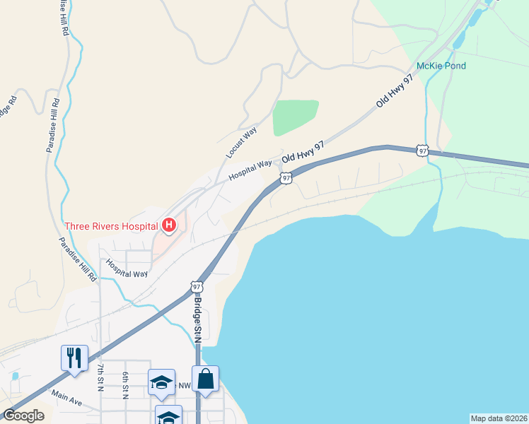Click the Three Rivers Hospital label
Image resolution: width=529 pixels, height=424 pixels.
point(111,226)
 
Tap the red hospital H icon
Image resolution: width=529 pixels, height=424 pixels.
point(169,225)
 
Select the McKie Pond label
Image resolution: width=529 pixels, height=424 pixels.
point(441,66)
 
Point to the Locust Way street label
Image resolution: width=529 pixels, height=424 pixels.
point(241,142)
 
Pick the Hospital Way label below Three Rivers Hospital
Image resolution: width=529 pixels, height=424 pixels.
point(127,268)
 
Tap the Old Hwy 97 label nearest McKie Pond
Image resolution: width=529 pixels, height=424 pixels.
point(394,92)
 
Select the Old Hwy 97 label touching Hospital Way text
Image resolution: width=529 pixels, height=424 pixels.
point(303,153)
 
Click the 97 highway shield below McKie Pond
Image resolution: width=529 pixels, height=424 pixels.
point(422,150)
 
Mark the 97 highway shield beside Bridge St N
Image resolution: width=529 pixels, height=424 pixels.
point(197,287)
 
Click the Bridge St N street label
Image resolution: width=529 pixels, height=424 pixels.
point(198,319)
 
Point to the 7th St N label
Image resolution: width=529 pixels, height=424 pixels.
point(101,376)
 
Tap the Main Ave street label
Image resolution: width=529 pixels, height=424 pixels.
point(66,399)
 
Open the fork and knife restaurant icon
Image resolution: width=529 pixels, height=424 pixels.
point(74,358)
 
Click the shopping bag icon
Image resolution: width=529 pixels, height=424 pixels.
point(205,379)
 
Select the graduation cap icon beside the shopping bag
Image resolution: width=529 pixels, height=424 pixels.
point(161,382)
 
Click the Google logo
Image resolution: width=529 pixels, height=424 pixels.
point(23,416)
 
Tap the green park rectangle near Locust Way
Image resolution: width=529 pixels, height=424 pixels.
point(295,117)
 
